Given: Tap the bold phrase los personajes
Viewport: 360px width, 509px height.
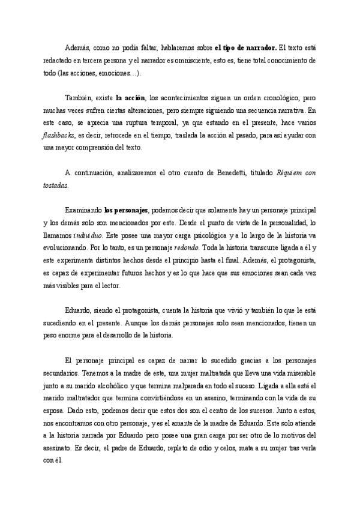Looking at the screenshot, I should [x=126, y=211].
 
